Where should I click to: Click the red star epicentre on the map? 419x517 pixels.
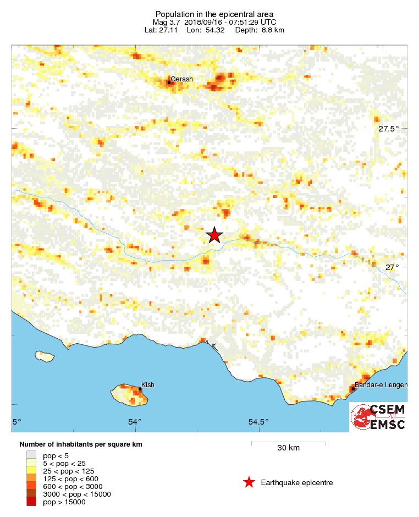point(214,235)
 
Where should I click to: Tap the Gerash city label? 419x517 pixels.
point(181,79)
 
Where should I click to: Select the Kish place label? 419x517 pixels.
point(148,384)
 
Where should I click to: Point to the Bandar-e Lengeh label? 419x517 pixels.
point(381,385)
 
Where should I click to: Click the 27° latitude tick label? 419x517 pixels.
point(392,267)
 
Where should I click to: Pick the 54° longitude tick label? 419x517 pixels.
point(135,422)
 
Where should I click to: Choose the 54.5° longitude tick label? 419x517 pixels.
point(258,422)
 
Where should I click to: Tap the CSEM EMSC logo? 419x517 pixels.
point(379,417)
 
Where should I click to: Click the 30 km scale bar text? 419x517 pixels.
point(288,448)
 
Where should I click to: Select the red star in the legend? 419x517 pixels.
point(249,482)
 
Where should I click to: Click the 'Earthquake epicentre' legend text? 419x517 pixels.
point(297,483)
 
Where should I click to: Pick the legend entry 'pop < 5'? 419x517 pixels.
point(56,455)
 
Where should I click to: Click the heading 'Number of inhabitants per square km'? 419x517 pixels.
point(81,444)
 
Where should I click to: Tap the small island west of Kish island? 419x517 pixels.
point(45,356)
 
